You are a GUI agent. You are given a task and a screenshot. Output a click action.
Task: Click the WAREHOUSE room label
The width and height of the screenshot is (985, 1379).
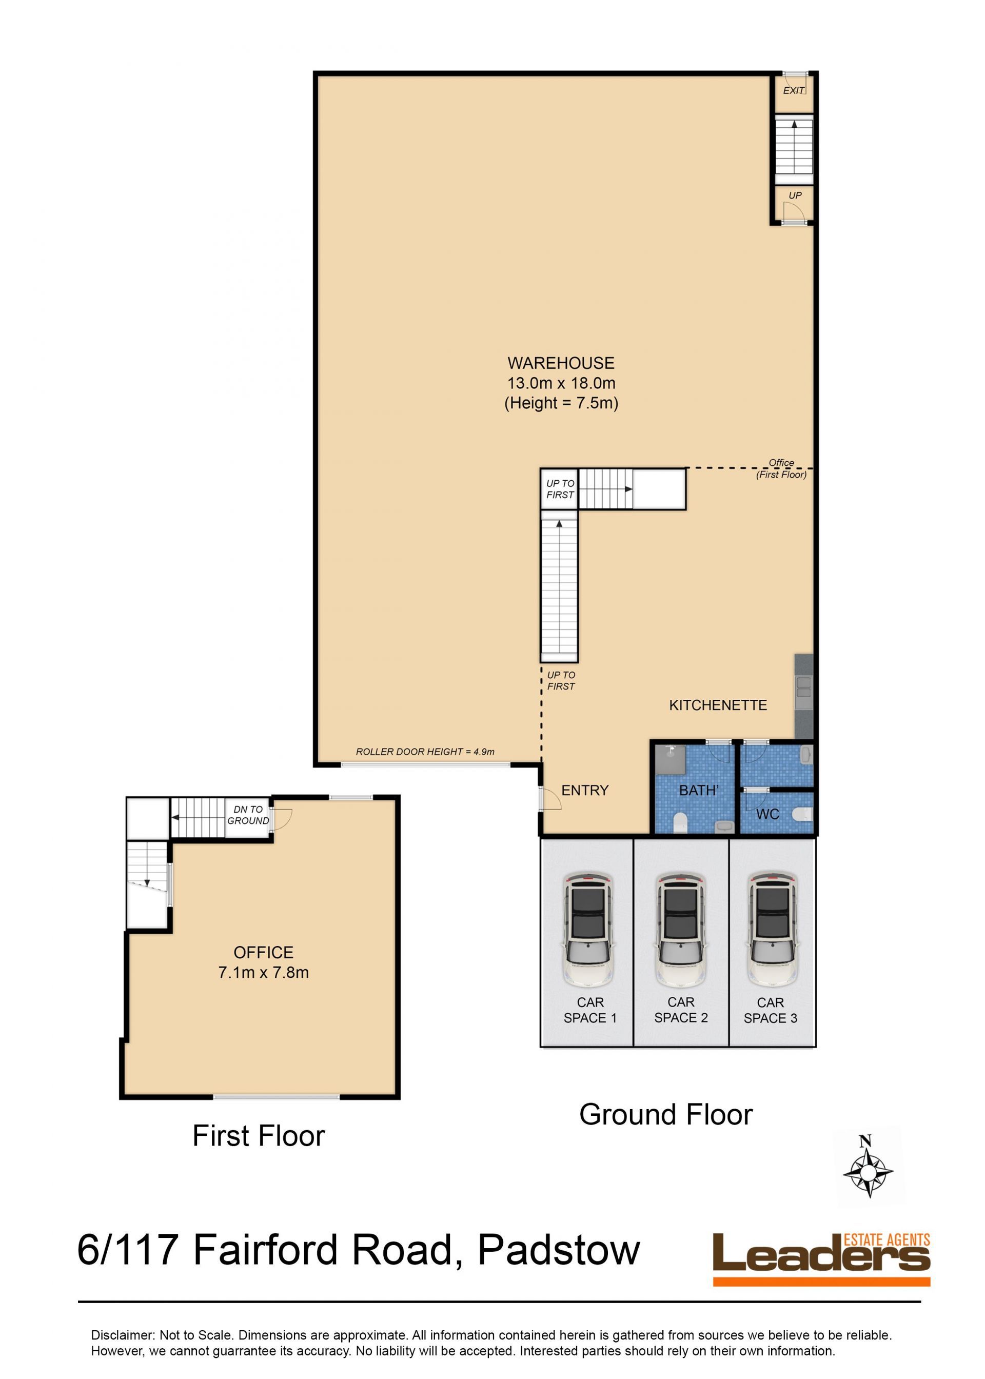(x=561, y=363)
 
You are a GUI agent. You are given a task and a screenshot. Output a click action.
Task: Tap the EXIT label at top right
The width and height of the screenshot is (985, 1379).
(x=793, y=90)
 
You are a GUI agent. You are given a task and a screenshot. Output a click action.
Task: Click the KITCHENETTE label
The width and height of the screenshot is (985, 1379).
(x=718, y=705)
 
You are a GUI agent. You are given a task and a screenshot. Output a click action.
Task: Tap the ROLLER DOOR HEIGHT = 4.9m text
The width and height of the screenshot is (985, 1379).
(x=425, y=752)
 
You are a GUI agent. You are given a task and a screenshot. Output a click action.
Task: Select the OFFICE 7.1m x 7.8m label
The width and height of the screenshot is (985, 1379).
(x=263, y=962)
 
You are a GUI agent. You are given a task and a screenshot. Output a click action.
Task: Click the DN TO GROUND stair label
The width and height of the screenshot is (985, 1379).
(x=248, y=815)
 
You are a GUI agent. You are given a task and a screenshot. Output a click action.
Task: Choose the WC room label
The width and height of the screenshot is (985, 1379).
(x=768, y=815)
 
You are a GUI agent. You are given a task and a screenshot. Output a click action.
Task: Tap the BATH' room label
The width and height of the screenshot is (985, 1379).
(x=699, y=790)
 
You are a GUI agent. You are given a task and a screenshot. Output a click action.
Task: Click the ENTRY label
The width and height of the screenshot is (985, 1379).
(x=585, y=790)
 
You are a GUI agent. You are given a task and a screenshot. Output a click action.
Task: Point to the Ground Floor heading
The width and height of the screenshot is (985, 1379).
(x=666, y=1115)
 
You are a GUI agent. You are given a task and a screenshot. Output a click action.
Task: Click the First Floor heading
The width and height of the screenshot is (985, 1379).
(x=259, y=1136)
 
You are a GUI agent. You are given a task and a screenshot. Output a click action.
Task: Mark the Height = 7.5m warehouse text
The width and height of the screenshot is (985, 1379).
(x=561, y=403)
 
